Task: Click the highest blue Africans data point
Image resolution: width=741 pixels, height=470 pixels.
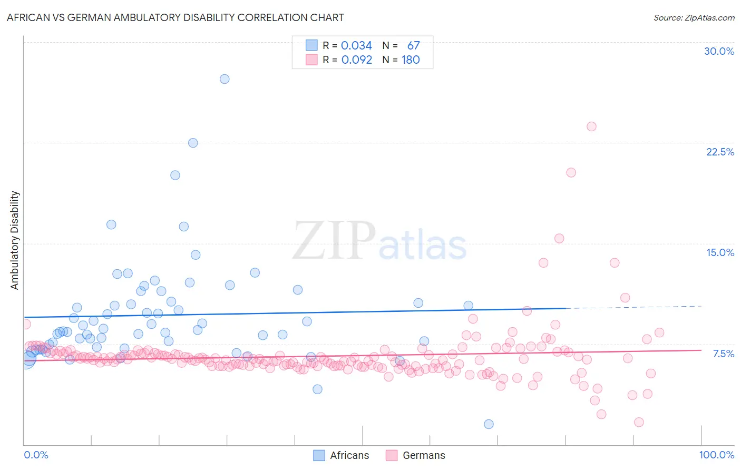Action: tap(225, 79)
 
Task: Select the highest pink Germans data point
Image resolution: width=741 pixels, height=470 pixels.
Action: tap(591, 126)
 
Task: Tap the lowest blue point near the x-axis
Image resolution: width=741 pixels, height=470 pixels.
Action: tap(489, 424)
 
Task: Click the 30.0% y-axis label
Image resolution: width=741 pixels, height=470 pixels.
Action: tap(719, 51)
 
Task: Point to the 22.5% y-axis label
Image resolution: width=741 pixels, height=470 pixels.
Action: tap(720, 152)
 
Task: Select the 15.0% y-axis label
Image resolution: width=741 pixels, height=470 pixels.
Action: tap(720, 252)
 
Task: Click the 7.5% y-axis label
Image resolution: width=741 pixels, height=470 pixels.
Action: tap(723, 354)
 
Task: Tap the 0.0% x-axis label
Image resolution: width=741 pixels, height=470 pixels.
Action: tap(36, 455)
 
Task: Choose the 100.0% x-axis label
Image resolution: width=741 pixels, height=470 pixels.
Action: tap(716, 455)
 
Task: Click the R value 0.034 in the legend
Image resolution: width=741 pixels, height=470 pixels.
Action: tap(356, 46)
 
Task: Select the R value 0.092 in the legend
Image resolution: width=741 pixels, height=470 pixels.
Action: tap(356, 60)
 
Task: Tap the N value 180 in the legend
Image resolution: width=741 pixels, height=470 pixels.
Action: tap(411, 60)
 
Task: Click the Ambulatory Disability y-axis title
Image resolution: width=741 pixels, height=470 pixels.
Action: tap(15, 240)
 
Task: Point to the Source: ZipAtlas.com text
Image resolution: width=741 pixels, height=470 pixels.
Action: tap(694, 18)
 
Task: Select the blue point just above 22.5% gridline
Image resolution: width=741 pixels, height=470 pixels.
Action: tap(193, 143)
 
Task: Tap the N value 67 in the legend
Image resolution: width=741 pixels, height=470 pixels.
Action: tap(413, 46)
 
